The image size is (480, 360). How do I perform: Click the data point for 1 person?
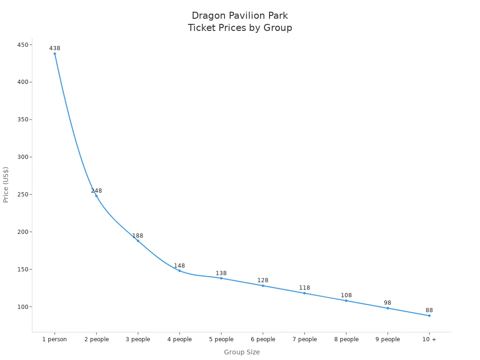55,53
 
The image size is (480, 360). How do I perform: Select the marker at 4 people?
180,270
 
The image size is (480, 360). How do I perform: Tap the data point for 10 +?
429,315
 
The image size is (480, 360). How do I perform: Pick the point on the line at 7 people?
304,293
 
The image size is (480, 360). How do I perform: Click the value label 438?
55,48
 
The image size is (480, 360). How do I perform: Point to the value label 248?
97,191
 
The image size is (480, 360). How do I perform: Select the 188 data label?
138,236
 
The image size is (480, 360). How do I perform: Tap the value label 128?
263,280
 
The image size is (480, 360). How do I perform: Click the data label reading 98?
388,303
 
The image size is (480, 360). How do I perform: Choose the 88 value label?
429,310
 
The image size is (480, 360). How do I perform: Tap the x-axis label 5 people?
221,339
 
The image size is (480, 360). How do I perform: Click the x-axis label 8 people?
346,339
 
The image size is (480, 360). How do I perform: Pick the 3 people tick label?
138,339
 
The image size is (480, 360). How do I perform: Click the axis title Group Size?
242,352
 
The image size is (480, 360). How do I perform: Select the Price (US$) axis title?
6,184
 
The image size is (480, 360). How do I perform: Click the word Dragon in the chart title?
209,16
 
